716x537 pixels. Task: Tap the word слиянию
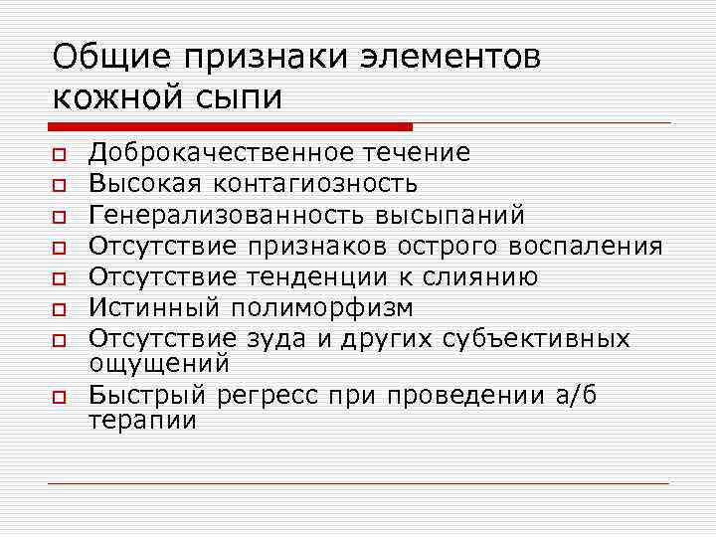[468, 276]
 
